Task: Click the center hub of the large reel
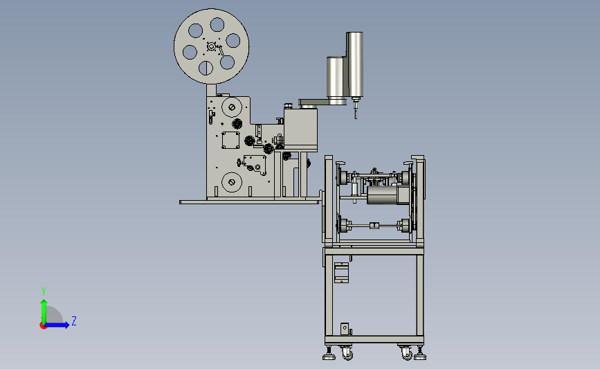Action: pyautogui.click(x=211, y=46)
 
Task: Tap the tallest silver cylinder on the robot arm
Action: pyautogui.click(x=355, y=64)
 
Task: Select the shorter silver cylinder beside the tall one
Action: pyautogui.click(x=336, y=77)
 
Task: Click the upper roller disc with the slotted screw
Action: pyautogui.click(x=232, y=107)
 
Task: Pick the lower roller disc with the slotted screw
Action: pyautogui.click(x=232, y=182)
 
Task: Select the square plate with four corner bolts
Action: pyautogui.click(x=230, y=140)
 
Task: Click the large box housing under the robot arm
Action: pyautogui.click(x=300, y=129)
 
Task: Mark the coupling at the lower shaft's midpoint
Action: pyautogui.click(x=374, y=226)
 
